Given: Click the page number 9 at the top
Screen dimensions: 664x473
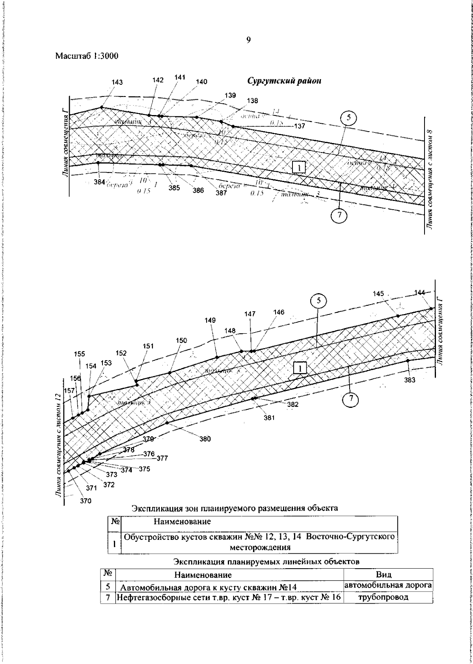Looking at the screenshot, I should point(248,40).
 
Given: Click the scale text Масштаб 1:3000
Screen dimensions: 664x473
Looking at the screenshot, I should point(87,56).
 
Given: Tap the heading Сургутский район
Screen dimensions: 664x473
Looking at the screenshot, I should point(284,81).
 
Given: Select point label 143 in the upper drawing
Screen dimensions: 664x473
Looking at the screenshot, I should point(117,82).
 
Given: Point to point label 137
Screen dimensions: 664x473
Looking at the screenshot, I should point(300,126).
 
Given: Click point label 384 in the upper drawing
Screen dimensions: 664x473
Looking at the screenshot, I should point(99,182).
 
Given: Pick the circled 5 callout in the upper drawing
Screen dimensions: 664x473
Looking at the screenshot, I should point(349,118).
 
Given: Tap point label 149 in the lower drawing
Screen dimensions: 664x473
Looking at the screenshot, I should point(210,321).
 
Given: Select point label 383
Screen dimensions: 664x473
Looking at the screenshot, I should point(410,380).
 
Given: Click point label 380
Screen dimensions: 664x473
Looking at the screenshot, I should point(205,439).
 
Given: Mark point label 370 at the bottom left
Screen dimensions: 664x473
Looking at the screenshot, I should point(86,501).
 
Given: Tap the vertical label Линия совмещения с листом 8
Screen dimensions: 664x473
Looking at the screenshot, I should point(436,173).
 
